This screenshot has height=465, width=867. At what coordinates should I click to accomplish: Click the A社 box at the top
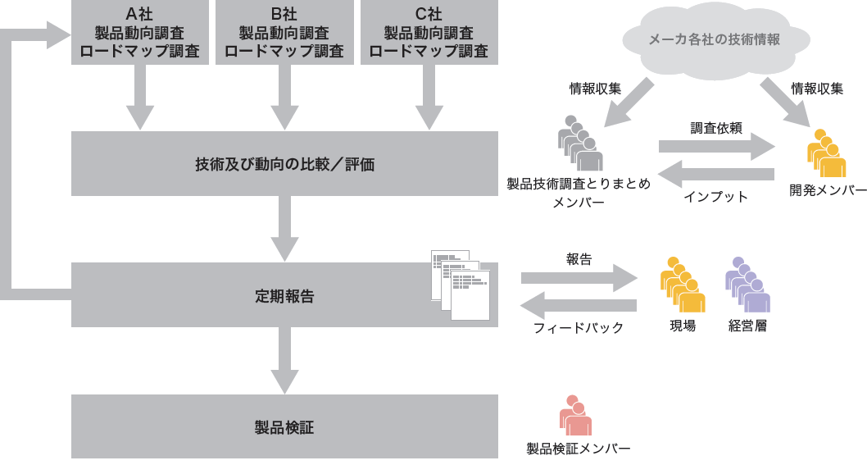point(139,32)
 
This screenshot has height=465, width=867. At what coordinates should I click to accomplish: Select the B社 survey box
point(284,32)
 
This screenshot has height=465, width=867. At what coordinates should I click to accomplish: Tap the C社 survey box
point(429,32)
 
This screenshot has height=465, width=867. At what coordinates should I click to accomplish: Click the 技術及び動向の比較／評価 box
point(284,163)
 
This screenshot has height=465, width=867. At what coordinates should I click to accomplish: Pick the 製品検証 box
point(284,426)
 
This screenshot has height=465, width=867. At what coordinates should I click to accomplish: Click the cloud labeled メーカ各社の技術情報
point(713,40)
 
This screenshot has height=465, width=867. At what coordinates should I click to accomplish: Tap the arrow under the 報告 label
point(579,278)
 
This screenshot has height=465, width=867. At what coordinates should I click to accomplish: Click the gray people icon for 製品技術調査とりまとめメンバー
point(579,143)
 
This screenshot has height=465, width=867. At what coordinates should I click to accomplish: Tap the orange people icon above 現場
point(683,285)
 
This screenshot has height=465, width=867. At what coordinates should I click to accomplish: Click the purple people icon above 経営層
point(747,285)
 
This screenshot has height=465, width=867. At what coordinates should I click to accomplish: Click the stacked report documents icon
point(461,285)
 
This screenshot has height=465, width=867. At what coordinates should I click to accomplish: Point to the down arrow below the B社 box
point(284,97)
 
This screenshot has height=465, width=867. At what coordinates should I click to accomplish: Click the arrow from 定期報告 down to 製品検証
point(284,360)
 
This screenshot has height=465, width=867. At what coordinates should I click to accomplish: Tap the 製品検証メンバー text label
point(579,449)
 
